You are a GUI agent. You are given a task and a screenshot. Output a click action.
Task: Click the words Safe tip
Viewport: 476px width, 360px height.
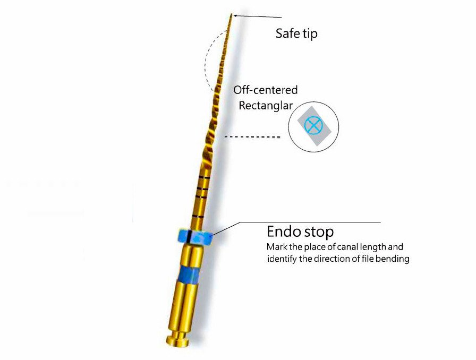(x=296, y=33)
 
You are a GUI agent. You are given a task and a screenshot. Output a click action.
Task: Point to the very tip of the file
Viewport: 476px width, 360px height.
(x=232, y=14)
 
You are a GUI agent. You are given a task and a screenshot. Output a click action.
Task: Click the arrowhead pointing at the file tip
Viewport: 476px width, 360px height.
(x=236, y=16)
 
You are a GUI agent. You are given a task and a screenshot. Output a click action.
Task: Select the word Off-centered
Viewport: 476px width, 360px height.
(x=265, y=90)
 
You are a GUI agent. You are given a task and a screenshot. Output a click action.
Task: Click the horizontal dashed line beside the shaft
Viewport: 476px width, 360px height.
(x=252, y=138)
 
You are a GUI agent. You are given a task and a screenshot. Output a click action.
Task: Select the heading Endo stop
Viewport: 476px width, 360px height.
(x=300, y=232)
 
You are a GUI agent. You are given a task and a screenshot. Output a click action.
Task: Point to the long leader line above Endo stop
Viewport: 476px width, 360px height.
(x=308, y=222)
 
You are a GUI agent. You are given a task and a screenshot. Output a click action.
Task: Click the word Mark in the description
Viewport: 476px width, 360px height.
(x=277, y=247)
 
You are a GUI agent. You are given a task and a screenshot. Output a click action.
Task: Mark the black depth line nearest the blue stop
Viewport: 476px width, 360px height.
(x=198, y=217)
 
